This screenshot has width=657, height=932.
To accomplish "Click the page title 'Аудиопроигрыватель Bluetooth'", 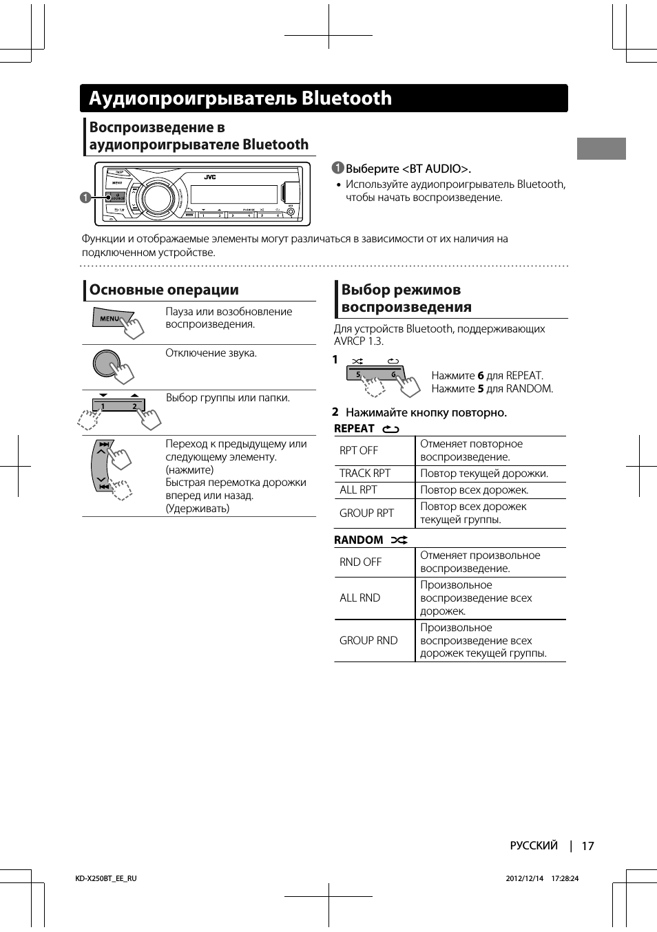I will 240,98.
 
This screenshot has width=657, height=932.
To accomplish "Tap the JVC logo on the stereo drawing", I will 210,177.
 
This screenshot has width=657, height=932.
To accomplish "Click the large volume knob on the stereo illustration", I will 157,198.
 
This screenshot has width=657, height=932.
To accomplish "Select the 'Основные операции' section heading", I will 164,290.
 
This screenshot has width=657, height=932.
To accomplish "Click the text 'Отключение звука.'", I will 211,353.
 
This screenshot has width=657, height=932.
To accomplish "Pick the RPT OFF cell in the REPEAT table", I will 359,451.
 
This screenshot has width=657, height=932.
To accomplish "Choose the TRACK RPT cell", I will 365,474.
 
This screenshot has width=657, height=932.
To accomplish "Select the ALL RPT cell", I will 358,490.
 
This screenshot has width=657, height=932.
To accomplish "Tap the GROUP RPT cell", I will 366,513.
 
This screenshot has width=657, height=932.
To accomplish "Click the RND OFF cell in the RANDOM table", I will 360,562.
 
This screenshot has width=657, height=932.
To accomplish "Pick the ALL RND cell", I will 359,598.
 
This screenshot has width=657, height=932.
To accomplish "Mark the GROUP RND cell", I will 368,641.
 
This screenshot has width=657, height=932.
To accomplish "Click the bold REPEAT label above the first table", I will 354,429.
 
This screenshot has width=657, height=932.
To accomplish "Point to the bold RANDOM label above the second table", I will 358,540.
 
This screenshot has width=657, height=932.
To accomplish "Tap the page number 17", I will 587,846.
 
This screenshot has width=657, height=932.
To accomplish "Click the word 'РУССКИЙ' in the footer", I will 534,846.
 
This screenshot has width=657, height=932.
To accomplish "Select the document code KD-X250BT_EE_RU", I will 106,879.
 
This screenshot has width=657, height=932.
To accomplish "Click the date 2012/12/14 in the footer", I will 525,879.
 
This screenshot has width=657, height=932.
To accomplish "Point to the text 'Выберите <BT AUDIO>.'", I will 408,169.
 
